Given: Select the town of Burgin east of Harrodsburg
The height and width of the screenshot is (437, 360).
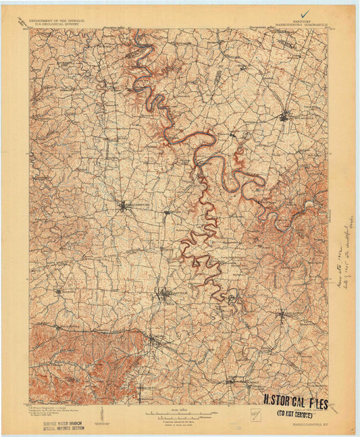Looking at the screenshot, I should pyautogui.click(x=167, y=213).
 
